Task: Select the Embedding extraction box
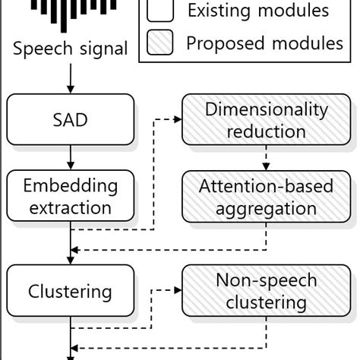tap(70, 196)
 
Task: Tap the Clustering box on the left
tap(70, 291)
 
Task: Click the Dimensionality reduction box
tap(266, 119)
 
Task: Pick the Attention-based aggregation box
tap(266, 197)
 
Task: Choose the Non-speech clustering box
tap(266, 291)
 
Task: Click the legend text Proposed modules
tap(264, 43)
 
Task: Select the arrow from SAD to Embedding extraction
tap(70, 157)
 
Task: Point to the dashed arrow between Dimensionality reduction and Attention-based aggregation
tap(266, 157)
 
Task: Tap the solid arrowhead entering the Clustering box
tap(70, 259)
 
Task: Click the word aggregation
tap(266, 207)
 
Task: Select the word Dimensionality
tap(266, 109)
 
